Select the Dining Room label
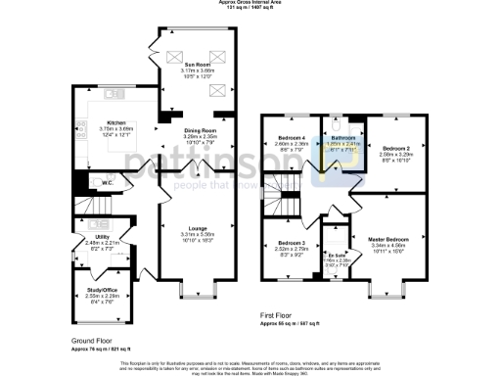[x=200, y=128]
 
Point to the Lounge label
[x=198, y=228]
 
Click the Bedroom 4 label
[x=292, y=137]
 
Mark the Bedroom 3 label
[x=291, y=242]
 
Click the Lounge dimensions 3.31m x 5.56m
[x=198, y=235]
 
